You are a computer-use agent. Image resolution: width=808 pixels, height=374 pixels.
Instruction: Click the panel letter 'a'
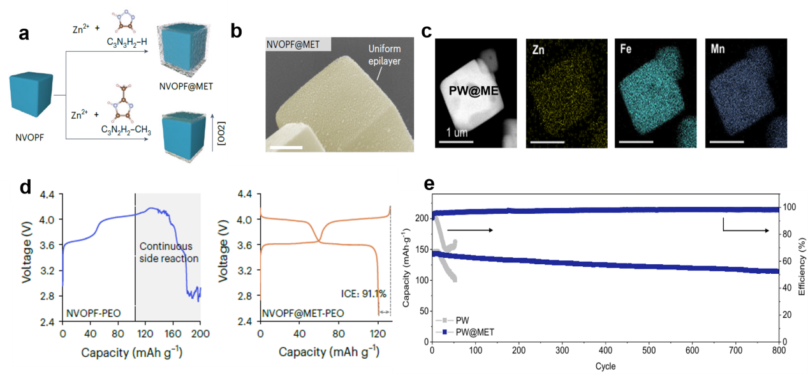tap(24, 33)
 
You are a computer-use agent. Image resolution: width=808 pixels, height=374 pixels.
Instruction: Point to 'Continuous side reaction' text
tap(168, 253)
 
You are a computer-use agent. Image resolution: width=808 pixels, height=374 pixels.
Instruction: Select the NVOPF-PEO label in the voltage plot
tap(93, 313)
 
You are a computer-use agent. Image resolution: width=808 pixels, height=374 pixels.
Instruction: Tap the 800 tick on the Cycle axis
tap(779, 351)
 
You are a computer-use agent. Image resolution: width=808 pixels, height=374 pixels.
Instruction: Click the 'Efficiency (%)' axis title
tap(802, 270)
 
